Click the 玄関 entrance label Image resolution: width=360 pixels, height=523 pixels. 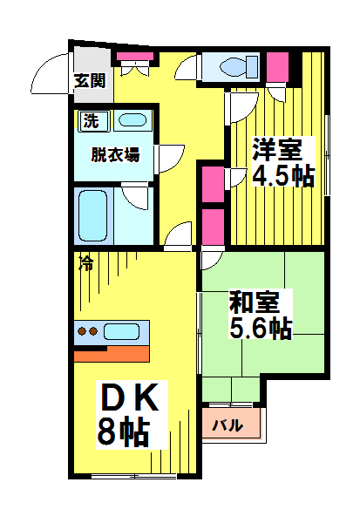click(89, 81)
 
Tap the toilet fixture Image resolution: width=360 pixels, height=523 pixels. click(238, 66)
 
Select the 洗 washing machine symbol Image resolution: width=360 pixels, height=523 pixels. click(91, 121)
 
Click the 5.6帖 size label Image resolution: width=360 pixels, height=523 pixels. click(260, 329)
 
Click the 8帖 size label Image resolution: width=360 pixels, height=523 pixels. click(122, 431)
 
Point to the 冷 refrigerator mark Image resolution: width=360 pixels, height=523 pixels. click(86, 260)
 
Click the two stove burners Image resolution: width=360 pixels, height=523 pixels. click(87, 331)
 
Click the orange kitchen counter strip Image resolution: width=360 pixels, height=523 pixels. click(112, 353)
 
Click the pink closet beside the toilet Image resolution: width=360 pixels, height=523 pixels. click(278, 66)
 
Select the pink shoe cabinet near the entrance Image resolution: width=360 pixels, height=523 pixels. click(134, 58)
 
